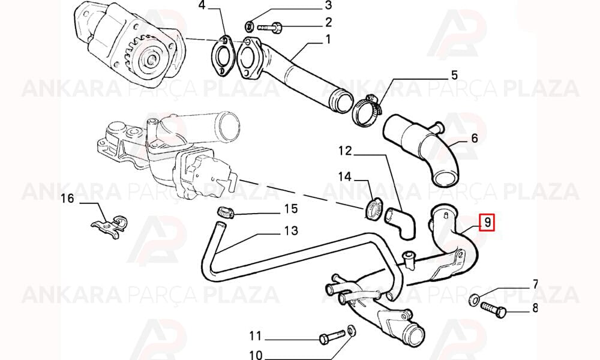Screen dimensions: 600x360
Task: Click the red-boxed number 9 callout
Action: (x=487, y=222)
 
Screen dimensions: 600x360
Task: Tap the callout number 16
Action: (x=67, y=199)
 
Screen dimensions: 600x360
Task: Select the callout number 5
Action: (x=454, y=75)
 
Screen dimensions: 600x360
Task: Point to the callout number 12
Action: (x=345, y=151)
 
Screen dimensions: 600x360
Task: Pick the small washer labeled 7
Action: (x=474, y=299)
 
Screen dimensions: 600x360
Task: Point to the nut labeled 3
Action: (x=249, y=26)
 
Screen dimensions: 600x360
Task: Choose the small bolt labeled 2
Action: (x=270, y=28)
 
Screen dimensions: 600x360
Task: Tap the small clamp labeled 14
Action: (x=373, y=209)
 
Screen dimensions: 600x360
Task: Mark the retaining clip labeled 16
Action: (x=110, y=226)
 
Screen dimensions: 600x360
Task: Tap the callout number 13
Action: (x=291, y=230)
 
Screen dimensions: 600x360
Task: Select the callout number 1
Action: (x=328, y=40)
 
